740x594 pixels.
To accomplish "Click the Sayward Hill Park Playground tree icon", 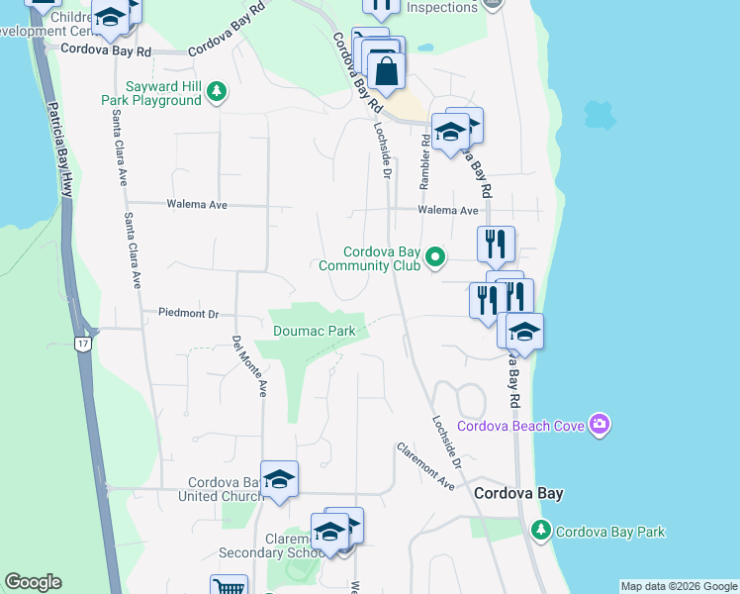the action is coord(216,92).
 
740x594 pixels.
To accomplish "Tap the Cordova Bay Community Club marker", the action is coord(435,259).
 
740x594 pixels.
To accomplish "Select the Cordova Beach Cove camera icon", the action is coord(599,425).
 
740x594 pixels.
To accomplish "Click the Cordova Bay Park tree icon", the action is coord(541,531).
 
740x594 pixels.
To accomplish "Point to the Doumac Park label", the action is coord(313,330).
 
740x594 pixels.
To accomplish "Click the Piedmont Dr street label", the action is coord(188,313).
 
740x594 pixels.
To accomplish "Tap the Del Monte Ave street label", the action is coord(250,366).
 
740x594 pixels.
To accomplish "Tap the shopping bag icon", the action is coord(386,69).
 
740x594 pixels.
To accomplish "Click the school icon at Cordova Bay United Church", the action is coord(280,479).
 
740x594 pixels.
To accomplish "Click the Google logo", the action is coord(33,582).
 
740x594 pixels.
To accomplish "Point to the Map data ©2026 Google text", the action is coord(679,586).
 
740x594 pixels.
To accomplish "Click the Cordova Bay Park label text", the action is coord(610,532).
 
